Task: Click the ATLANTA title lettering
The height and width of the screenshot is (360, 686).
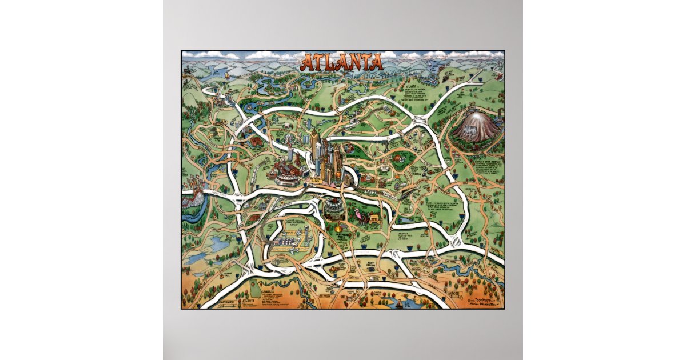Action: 341,62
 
